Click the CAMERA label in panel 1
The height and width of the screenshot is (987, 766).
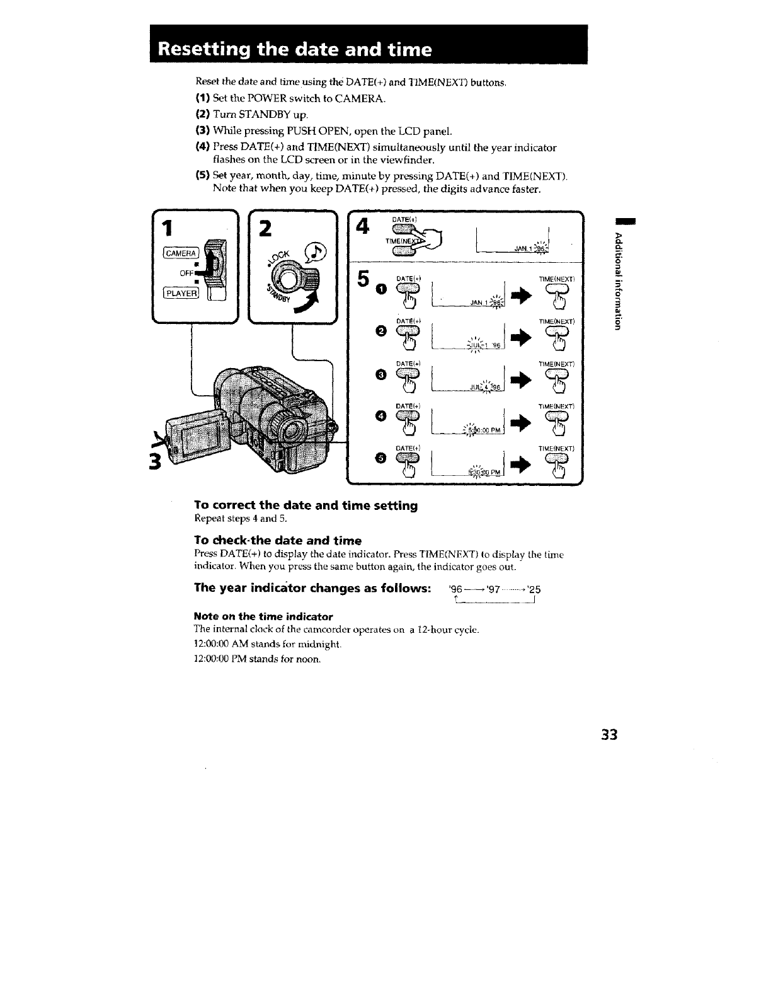(x=180, y=253)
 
